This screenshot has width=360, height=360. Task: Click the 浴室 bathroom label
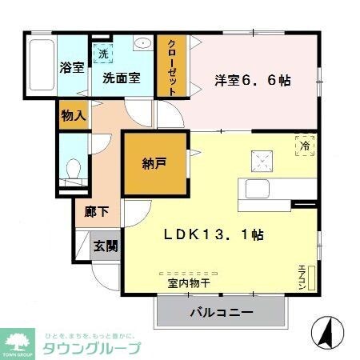pyautogui.click(x=72, y=68)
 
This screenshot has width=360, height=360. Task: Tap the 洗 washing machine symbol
pyautogui.click(x=103, y=54)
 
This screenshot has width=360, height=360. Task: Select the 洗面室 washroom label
pyautogui.click(x=122, y=78)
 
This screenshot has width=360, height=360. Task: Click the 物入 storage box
pyautogui.click(x=73, y=115)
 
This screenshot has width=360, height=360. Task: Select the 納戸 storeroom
pyautogui.click(x=154, y=163)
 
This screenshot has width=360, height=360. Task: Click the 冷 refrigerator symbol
pyautogui.click(x=305, y=146)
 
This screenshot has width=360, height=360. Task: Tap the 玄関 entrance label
pyautogui.click(x=105, y=246)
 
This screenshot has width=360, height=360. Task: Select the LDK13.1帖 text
pyautogui.click(x=214, y=235)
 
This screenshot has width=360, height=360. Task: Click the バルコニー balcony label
pyautogui.click(x=221, y=312)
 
